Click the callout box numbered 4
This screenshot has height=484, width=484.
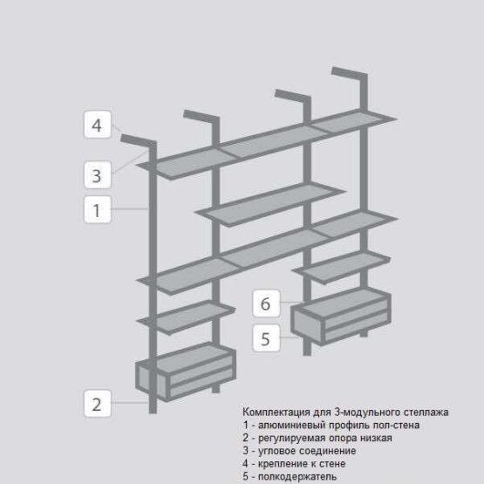click(97, 125)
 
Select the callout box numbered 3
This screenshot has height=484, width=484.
click(97, 175)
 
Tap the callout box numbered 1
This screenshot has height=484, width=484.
click(97, 209)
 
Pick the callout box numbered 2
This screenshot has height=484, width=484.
click(97, 404)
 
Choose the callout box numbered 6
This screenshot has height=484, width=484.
click(266, 303)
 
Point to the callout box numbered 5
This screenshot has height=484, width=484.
click(266, 338)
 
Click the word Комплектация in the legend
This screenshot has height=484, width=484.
click(276, 412)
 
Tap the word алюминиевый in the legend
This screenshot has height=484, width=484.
click(291, 426)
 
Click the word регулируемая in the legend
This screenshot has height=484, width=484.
click(291, 439)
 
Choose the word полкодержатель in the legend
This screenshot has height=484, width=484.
click(297, 477)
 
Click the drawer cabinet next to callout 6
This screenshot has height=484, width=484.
click(341, 317)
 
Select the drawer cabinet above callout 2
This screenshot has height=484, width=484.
click(186, 372)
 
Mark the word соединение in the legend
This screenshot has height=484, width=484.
click(327, 451)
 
